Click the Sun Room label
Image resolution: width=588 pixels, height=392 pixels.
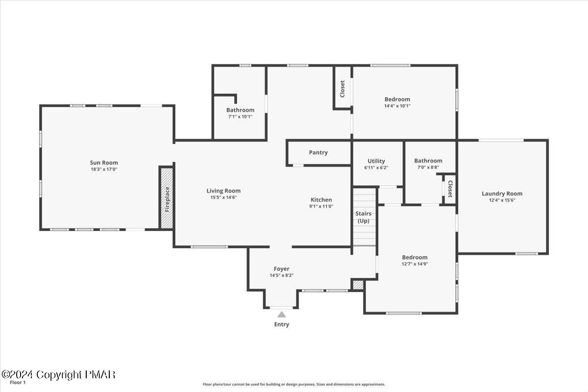[104, 163]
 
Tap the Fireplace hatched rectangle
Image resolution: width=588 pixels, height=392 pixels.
[167, 198]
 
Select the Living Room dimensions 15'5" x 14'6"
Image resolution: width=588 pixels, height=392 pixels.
[223, 197]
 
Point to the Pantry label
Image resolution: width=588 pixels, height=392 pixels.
[318, 152]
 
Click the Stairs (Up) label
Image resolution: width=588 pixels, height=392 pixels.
[364, 217]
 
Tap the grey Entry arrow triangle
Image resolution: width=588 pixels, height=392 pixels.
[281, 315]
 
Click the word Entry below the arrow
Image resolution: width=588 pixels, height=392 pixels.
[282, 324]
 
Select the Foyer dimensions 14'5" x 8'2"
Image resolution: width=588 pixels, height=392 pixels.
[282, 275]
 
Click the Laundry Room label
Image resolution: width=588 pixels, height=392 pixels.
[502, 194]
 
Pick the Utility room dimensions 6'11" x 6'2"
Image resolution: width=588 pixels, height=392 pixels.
[376, 168]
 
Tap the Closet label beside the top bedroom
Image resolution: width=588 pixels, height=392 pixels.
[343, 89]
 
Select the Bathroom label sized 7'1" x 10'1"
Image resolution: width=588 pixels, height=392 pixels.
[240, 110]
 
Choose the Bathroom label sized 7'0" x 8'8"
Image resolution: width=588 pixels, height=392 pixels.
[428, 161]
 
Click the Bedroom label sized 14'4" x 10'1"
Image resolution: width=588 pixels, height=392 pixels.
[397, 99]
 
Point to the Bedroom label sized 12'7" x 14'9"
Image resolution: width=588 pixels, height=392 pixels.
[415, 257]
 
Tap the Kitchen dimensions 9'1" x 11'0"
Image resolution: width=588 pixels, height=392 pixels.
[321, 206]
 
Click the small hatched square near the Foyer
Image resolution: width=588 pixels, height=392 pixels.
[358, 285]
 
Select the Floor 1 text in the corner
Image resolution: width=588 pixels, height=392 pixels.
[17, 383]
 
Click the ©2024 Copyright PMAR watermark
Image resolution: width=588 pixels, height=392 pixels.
[58, 375]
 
